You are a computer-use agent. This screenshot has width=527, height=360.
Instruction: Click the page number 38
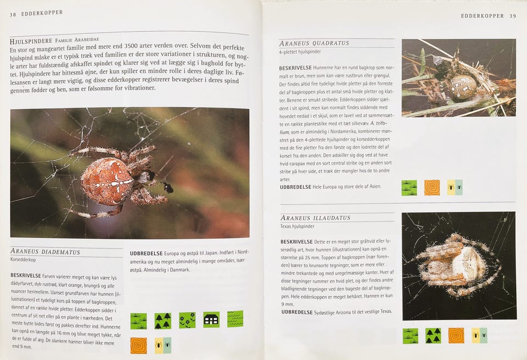point(13,14)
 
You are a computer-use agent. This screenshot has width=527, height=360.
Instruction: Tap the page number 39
point(513,16)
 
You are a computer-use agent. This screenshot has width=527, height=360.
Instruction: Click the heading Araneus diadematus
point(46,251)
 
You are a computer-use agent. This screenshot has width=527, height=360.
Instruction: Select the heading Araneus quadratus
point(314,43)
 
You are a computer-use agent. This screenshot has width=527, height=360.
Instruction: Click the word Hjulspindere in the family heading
point(31,41)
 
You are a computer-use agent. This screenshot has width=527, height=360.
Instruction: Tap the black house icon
point(211,319)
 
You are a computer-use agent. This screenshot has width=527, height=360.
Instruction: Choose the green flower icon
point(187,320)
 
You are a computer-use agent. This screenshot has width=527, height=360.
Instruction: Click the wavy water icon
point(235,319)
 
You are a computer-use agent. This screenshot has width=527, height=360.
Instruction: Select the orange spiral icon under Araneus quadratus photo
point(432,188)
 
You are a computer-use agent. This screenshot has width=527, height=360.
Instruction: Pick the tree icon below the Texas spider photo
point(433,336)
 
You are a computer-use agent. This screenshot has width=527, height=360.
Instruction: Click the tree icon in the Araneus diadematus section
point(163,321)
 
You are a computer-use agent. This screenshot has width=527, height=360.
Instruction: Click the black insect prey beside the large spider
point(167,187)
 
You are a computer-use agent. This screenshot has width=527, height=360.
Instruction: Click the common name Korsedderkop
point(23,260)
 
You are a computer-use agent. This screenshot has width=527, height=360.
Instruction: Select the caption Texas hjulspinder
point(298,226)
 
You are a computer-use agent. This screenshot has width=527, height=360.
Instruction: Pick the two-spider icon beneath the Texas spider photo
point(479,335)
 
